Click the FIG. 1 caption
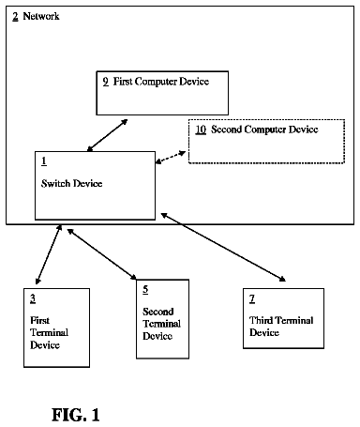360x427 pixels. pos(76,415)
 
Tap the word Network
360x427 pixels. pos(41,16)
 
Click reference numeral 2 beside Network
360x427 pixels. pos(15,16)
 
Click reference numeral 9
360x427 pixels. pos(106,82)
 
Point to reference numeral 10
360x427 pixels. pos(201,130)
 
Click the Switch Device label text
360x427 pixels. pos(71,183)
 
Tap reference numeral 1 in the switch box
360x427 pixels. pos(44,161)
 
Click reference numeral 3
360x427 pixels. pos(33,299)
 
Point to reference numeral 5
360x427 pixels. pos(145,290)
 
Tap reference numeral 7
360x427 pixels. pos(252,299)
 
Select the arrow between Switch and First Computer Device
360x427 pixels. pos(107,135)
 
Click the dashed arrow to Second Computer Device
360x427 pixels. pos(171,157)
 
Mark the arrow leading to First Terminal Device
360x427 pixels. pos(49,254)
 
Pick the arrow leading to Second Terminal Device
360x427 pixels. pos(102,253)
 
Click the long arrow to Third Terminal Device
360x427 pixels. pos(223,247)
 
